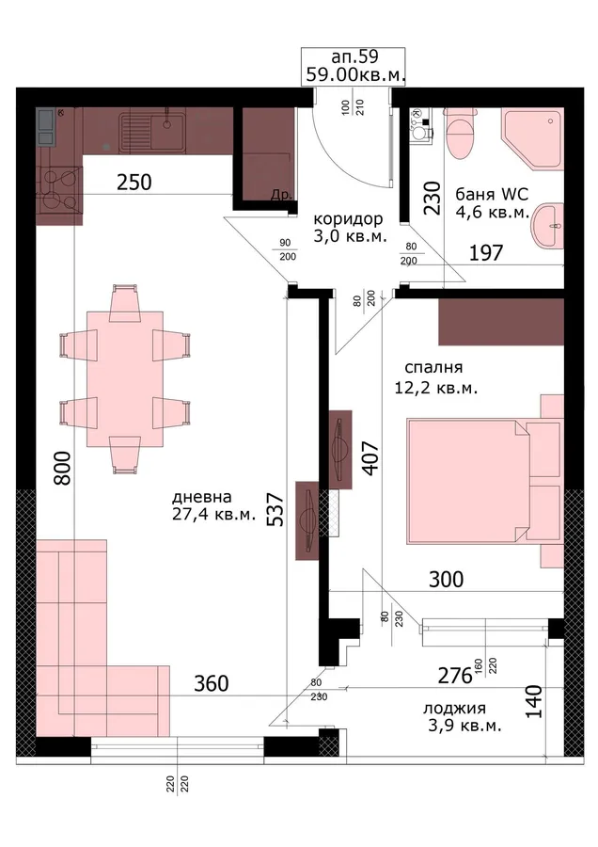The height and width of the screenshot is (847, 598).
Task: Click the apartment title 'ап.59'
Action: point(354,56)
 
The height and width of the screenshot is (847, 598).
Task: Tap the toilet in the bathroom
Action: point(461,133)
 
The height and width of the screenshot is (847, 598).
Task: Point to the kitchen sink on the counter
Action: point(152,130)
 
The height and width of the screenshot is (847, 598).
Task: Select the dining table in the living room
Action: point(125,378)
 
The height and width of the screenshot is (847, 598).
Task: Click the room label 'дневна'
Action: point(202,496)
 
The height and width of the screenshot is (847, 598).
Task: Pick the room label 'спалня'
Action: point(433,368)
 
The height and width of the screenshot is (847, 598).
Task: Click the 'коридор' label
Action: point(348,219)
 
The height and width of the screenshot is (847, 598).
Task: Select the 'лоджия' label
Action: point(454,709)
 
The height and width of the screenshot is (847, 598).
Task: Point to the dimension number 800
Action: point(63,468)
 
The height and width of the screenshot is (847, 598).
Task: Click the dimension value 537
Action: point(275,509)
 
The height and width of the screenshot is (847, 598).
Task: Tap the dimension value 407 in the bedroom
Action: point(370,459)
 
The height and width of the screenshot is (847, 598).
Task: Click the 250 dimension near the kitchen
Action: point(134,183)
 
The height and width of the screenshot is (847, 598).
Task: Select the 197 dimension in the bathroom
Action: point(486,252)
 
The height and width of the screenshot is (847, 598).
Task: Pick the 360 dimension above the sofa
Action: point(212,684)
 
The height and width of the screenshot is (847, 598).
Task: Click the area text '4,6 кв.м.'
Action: point(492,213)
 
